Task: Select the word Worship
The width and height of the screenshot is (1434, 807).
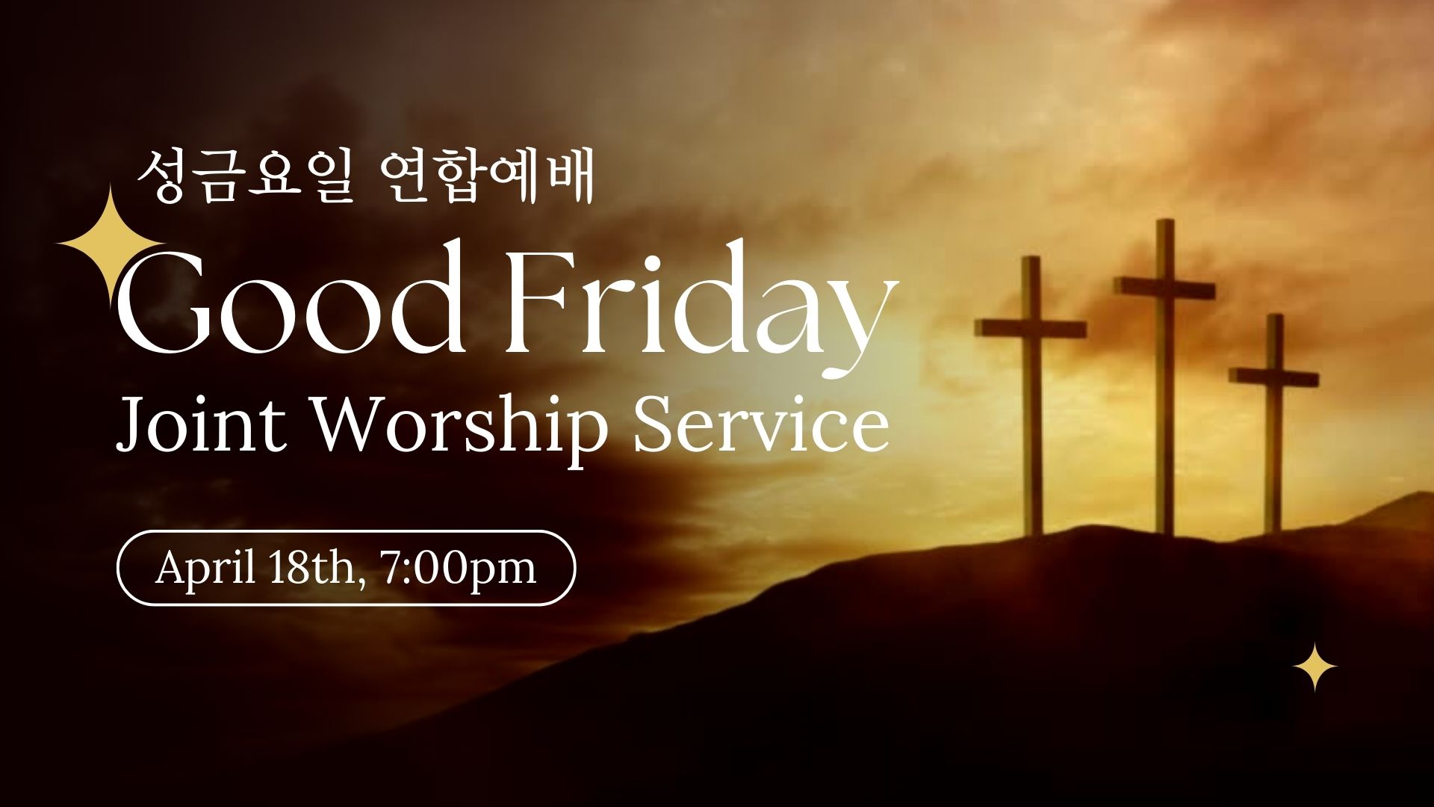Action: pos(458,429)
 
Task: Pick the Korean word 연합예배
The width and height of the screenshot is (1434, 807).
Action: pos(486,177)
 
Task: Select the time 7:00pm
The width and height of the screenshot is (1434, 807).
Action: pos(457,570)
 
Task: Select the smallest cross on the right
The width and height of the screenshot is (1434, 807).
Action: pos(1274,423)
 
